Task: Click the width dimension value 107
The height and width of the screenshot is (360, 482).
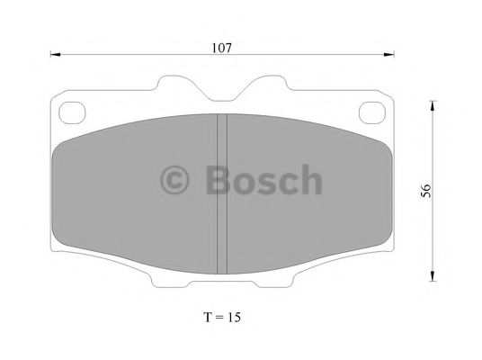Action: pos(221,48)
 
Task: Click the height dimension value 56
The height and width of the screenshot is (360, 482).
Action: pos(426,191)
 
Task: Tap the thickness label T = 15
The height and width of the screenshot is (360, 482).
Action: pos(222,317)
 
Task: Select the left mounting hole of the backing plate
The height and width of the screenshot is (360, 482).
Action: pos(72,112)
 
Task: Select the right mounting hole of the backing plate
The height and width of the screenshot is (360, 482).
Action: pos(372,112)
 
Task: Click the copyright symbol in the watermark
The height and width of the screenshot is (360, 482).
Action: pos(174,180)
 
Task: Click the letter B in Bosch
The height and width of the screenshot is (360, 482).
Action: pos(218,180)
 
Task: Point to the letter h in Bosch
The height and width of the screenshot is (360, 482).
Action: pos(310,179)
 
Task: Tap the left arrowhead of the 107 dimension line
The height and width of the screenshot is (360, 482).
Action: pos(56,55)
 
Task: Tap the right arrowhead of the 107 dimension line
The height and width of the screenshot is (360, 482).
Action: pos(388,55)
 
